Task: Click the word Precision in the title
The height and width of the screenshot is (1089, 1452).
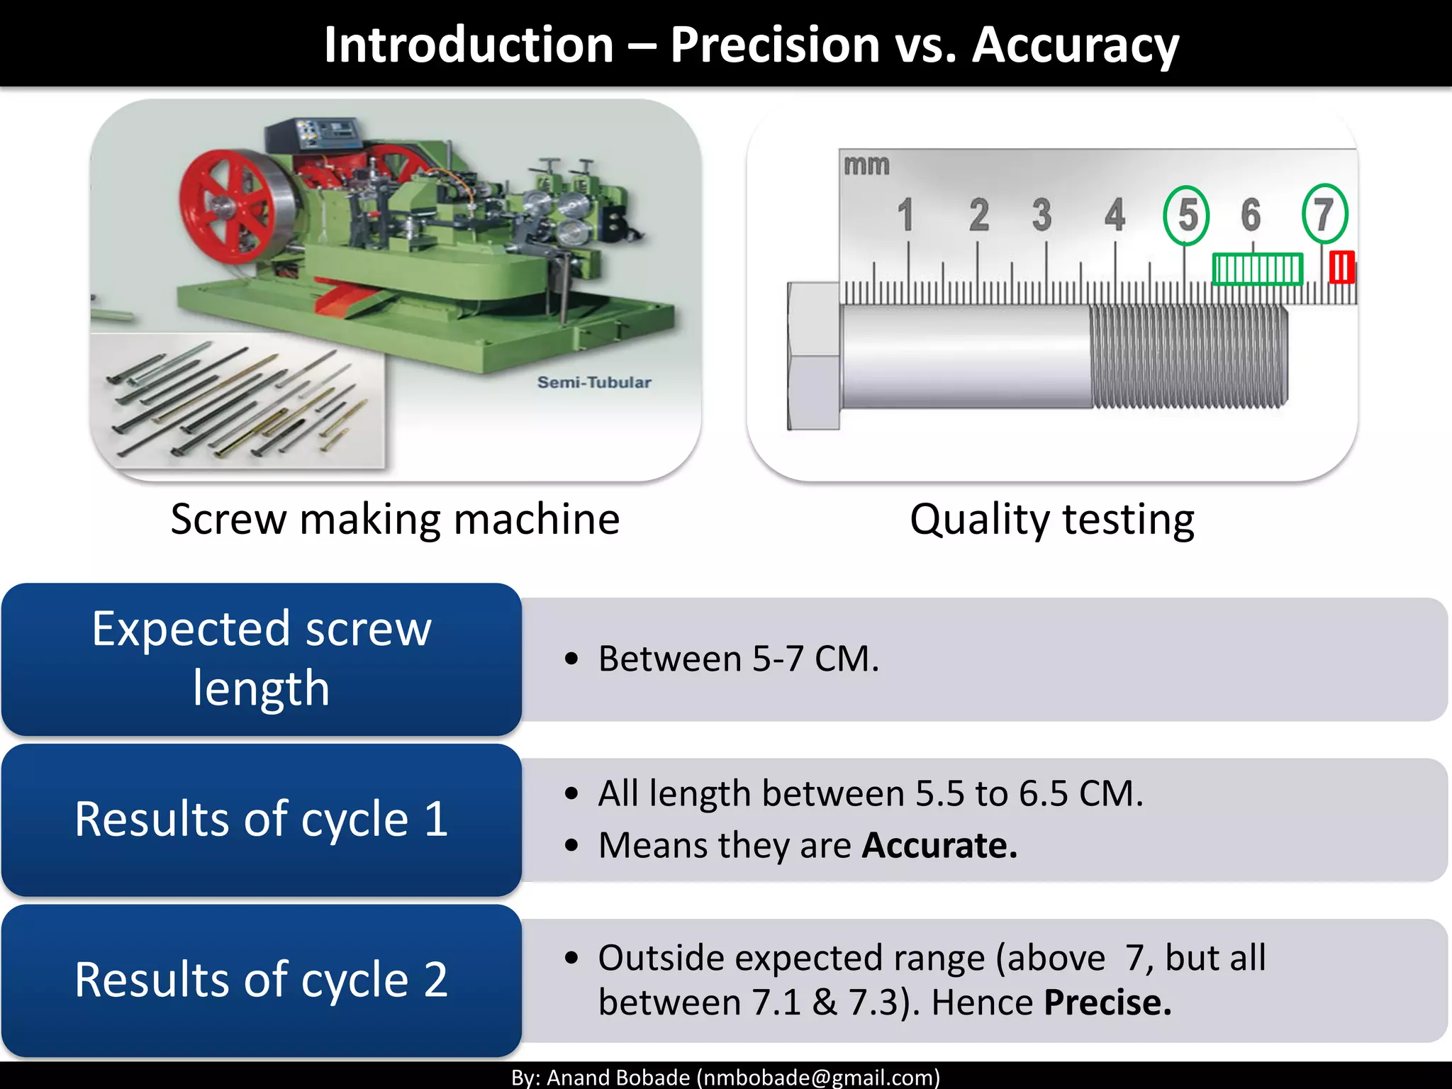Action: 774,45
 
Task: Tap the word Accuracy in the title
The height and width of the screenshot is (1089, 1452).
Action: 1075,45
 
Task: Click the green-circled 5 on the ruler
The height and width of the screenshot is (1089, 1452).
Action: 1186,215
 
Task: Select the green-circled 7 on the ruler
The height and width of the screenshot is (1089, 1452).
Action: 1324,213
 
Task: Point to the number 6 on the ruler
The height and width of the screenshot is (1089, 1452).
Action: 1251,214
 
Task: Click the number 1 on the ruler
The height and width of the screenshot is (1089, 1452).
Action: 905,215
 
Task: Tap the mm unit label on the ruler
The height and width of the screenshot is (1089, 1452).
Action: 866,165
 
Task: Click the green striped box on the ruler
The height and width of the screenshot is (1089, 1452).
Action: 1257,269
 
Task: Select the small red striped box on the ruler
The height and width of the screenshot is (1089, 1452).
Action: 1341,268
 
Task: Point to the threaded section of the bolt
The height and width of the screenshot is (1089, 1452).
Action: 1188,356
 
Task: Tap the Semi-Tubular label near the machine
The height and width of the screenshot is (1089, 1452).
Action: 593,382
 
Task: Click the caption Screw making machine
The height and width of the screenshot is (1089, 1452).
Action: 395,519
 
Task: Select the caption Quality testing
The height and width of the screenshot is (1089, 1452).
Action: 1051,519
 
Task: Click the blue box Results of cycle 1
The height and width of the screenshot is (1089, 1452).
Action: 261,820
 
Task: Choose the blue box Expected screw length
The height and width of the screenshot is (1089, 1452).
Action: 261,659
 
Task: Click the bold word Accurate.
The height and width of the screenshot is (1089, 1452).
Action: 939,845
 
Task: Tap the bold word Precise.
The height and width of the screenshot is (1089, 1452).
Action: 1107,1003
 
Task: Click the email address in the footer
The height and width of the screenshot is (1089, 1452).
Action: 817,1078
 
